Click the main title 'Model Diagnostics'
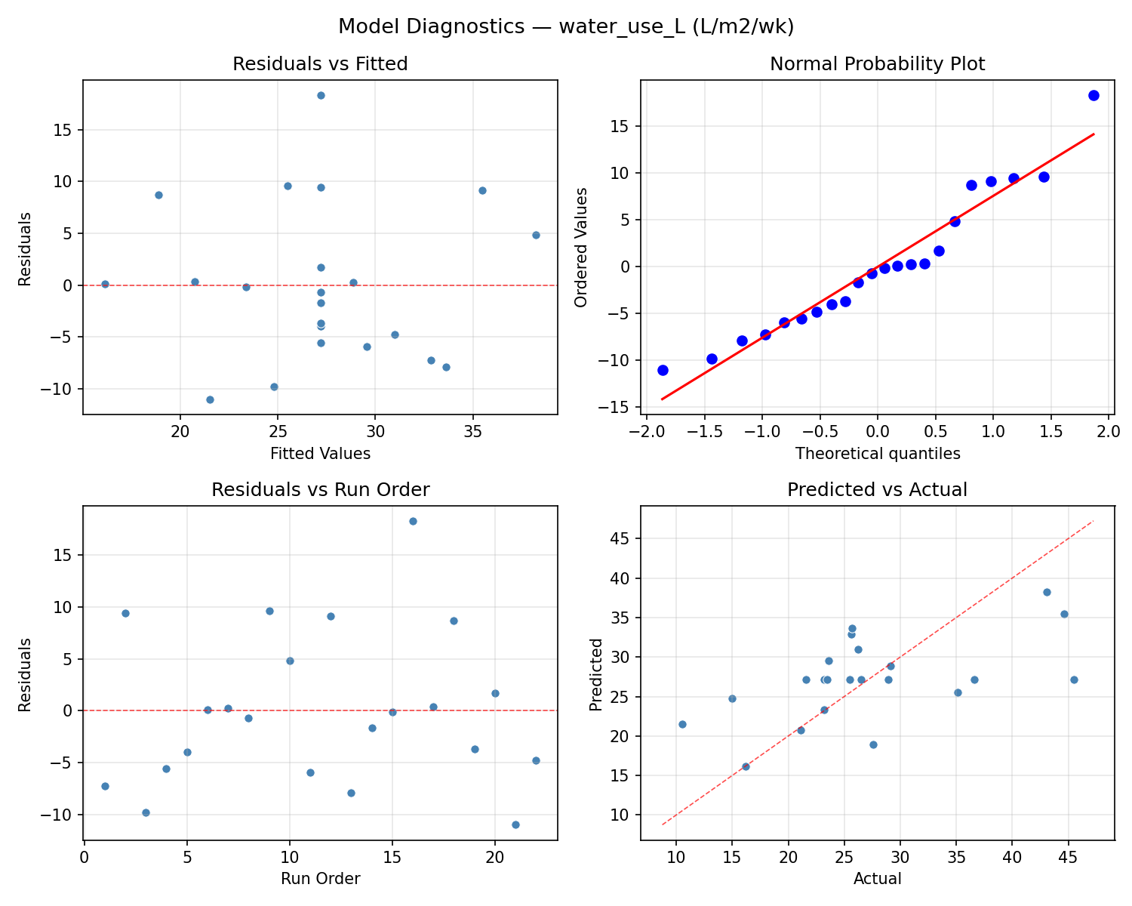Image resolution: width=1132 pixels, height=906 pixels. click(565, 26)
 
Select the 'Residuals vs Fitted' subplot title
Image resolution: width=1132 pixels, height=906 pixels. click(320, 64)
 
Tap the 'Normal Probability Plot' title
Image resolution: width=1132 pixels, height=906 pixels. click(877, 64)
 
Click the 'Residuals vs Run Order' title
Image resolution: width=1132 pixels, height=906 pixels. click(320, 490)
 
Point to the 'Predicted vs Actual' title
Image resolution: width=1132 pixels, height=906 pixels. click(877, 490)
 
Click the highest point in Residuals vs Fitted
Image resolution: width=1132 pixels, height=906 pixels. click(321, 95)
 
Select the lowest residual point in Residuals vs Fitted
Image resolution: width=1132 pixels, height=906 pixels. click(210, 399)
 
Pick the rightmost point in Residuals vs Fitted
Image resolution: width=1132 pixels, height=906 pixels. click(536, 235)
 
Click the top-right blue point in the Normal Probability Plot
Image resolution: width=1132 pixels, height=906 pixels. click(1094, 95)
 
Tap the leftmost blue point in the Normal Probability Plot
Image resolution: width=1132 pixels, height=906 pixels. click(663, 370)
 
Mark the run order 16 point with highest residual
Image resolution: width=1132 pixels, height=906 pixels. click(413, 521)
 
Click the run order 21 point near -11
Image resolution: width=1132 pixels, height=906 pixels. click(515, 824)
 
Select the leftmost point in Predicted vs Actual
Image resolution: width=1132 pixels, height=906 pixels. click(682, 724)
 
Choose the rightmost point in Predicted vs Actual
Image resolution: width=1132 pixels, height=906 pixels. click(1074, 679)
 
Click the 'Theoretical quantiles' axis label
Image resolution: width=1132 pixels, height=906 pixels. click(877, 454)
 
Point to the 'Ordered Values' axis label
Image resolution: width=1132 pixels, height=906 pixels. click(580, 248)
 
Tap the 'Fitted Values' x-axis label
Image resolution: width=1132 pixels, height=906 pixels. click(320, 454)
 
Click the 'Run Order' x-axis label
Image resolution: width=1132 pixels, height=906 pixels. click(320, 879)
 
